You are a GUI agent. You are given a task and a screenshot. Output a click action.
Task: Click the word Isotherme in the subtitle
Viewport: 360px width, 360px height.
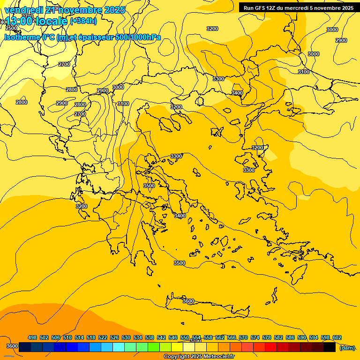coord(22,37)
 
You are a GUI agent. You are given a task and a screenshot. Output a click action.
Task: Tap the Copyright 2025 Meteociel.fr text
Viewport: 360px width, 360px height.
coord(199,357)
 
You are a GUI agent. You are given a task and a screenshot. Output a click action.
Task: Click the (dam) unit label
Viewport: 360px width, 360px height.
coord(347,347)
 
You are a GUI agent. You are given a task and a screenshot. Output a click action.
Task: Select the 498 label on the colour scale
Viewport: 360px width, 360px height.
coord(32,337)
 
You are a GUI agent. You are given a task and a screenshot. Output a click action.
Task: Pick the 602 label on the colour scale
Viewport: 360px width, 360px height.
coord(337,337)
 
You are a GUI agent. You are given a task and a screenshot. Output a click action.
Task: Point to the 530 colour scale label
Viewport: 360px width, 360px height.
coord(126,337)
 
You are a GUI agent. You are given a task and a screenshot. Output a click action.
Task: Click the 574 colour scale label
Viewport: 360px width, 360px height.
coord(255,337)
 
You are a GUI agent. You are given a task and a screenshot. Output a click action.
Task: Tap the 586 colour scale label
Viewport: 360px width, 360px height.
coord(290,337)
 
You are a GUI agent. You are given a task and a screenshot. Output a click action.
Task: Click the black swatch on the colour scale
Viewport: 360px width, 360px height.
coord(330,347)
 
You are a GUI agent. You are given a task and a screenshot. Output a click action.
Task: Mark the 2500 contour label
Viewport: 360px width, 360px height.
coord(11,28)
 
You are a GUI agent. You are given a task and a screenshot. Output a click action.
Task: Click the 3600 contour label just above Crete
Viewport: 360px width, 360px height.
coord(188,301)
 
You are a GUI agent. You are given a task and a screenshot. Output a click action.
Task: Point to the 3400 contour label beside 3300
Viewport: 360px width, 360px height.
coord(237,93)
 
